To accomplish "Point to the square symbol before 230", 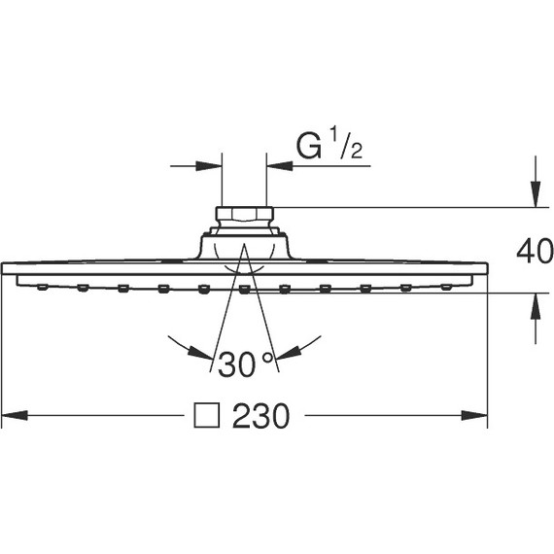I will point(206,417).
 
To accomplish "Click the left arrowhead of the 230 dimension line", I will point(14,417).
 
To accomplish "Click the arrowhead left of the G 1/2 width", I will point(211,165).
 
